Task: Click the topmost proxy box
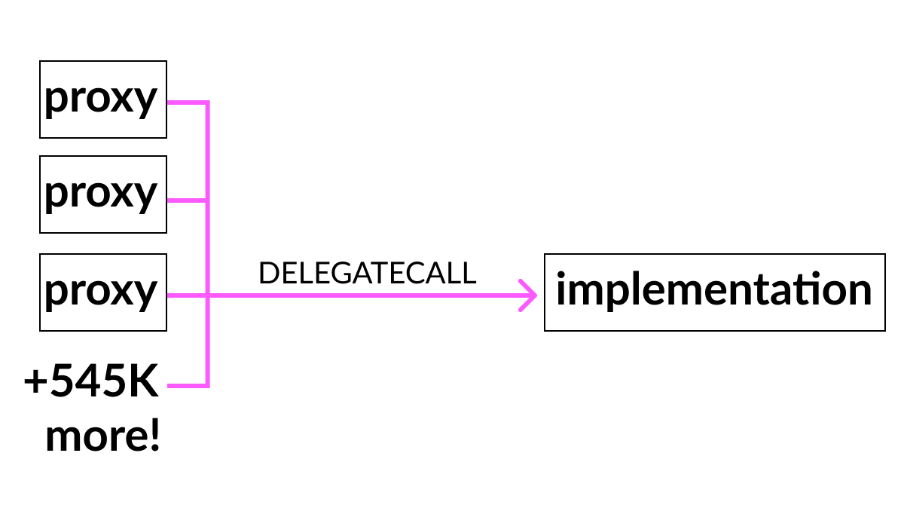click(103, 99)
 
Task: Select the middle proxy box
click(103, 194)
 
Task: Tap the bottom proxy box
click(103, 292)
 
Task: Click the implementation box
click(715, 292)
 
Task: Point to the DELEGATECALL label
click(368, 273)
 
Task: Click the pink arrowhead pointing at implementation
click(528, 295)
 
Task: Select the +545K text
click(91, 381)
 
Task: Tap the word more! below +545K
click(103, 436)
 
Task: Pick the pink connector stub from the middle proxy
click(187, 200)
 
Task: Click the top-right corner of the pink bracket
click(208, 103)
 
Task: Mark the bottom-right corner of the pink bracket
click(208, 386)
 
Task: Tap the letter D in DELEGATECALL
click(269, 273)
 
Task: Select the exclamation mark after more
click(155, 434)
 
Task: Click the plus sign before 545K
click(35, 381)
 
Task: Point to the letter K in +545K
click(144, 381)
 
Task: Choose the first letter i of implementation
click(560, 288)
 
